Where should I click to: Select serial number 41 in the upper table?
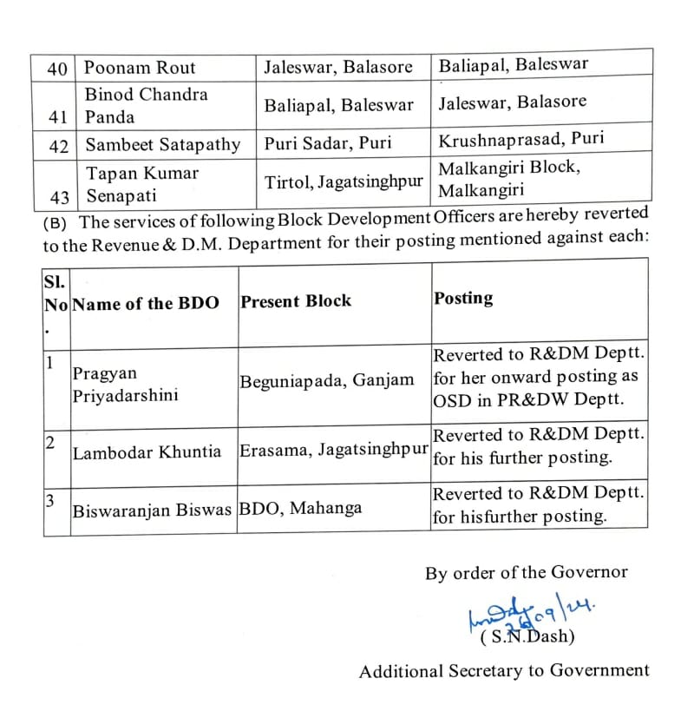[58, 116]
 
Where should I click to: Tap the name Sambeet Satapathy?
[162, 145]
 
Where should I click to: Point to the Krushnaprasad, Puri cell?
[521, 140]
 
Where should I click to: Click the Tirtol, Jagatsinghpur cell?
[344, 181]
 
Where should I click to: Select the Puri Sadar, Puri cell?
[328, 144]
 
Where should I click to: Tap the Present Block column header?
[296, 301]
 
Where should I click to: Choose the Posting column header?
[463, 298]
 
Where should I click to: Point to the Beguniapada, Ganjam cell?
[327, 380]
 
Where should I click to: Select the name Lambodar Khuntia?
[147, 452]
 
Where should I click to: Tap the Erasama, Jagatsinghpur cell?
[335, 450]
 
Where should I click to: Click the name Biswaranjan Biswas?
[153, 510]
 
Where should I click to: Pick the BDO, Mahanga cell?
[300, 508]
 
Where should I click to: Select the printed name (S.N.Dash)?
[527, 637]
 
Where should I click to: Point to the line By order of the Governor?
[526, 573]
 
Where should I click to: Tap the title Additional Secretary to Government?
[504, 671]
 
